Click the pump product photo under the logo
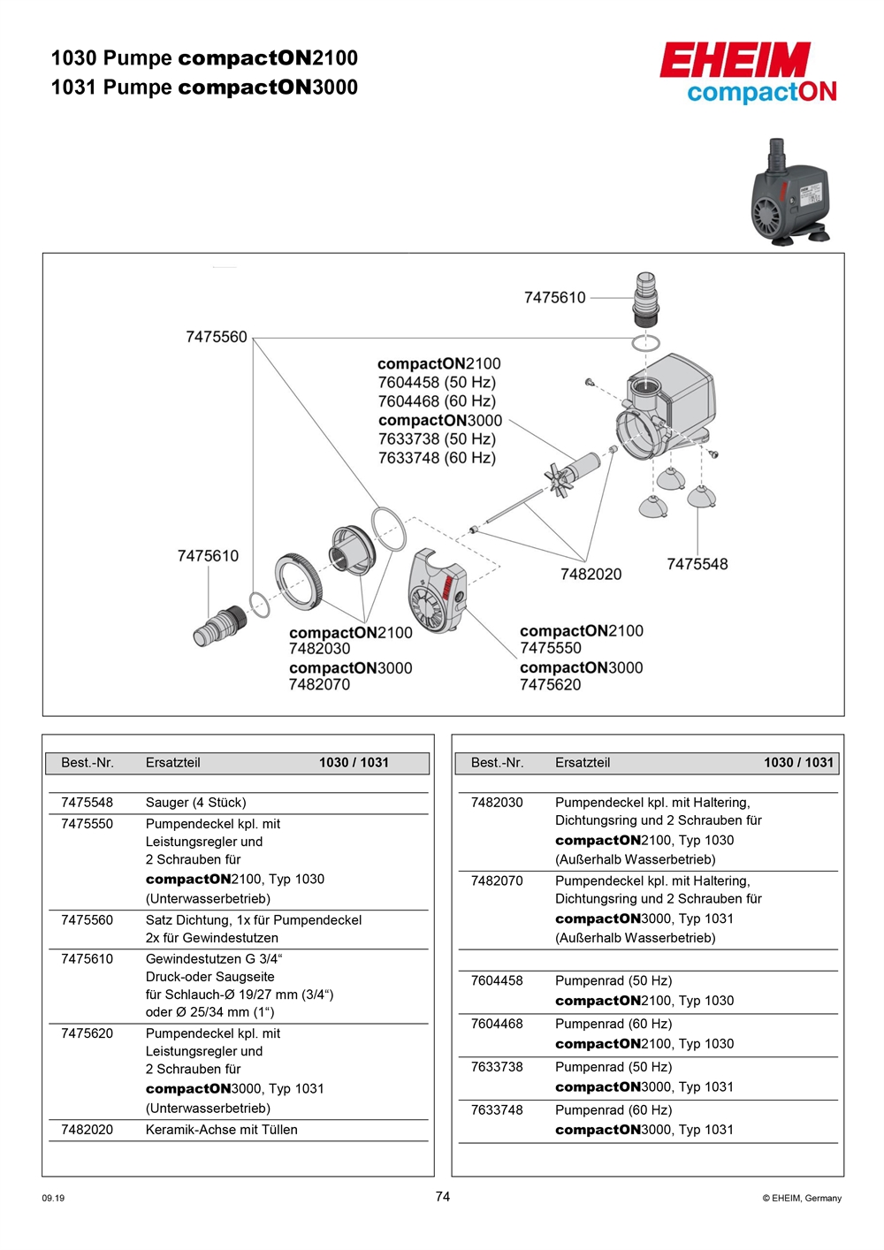click(789, 194)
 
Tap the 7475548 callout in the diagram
click(697, 564)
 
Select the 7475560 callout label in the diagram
click(217, 337)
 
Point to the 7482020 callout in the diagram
click(591, 575)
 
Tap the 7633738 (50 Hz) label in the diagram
click(437, 439)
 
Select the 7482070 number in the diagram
click(319, 684)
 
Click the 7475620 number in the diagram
click(550, 684)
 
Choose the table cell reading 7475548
click(87, 803)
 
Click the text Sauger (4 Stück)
click(196, 803)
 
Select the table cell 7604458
click(497, 981)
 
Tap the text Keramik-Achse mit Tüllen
click(221, 1130)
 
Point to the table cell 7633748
click(497, 1110)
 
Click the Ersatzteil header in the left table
click(172, 763)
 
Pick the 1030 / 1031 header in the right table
click(798, 763)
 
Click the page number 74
click(443, 1197)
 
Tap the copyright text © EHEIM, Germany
click(802, 1199)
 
